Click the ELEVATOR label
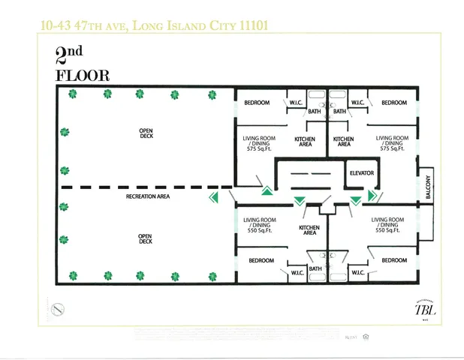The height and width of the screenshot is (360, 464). click(x=362, y=173)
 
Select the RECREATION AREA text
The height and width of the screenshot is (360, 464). click(x=147, y=196)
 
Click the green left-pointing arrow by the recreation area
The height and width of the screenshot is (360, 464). click(x=213, y=197)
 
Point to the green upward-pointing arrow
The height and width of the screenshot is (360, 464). click(x=267, y=190)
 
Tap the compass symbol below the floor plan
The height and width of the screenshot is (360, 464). click(x=59, y=308)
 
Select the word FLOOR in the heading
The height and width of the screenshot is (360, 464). click(x=82, y=75)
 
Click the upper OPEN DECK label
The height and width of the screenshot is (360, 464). click(x=146, y=133)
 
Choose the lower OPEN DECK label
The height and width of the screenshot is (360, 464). click(x=146, y=238)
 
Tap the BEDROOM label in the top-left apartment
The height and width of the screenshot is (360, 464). click(x=258, y=103)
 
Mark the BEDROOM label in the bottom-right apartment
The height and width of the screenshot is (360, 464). click(x=394, y=260)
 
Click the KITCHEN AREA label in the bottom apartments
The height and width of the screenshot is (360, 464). click(x=309, y=230)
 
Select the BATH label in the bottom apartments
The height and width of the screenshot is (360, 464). click(x=315, y=268)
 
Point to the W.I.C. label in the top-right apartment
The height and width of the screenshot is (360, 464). click(x=357, y=103)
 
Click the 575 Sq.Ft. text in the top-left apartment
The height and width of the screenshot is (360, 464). click(x=258, y=148)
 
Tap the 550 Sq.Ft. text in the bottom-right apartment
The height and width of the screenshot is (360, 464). click(x=389, y=231)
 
